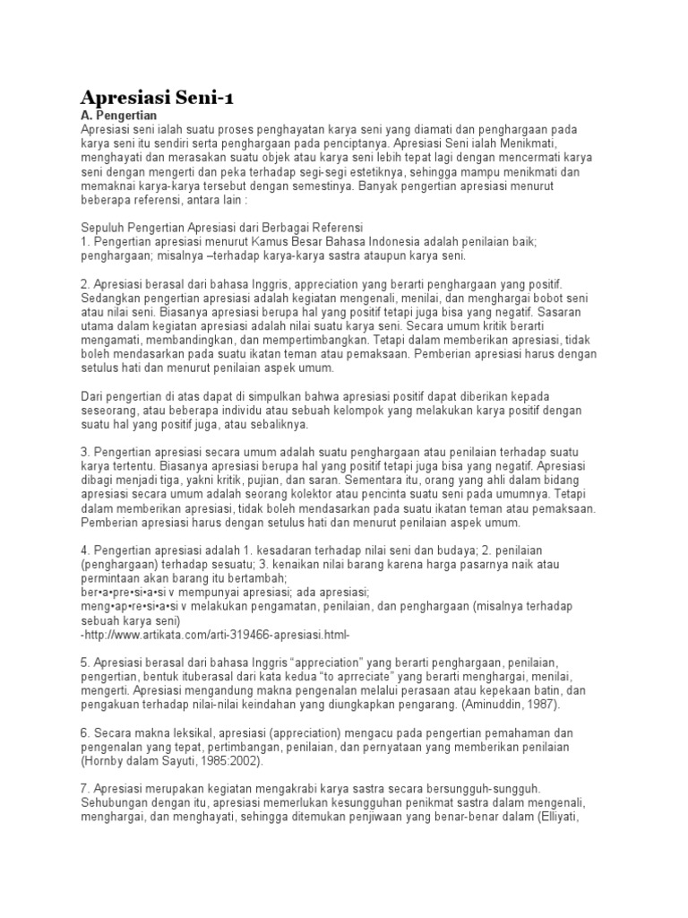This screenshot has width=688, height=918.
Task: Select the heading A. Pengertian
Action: click(x=118, y=116)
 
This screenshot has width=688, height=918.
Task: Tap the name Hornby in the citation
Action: click(x=104, y=761)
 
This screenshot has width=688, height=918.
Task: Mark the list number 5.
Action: click(x=84, y=662)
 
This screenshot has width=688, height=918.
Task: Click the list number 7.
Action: click(x=84, y=788)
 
